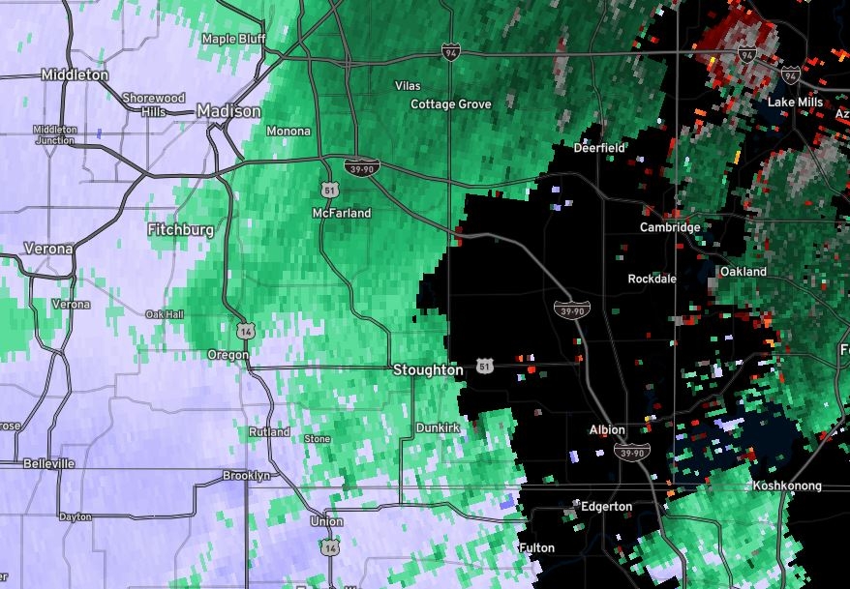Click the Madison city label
click(x=228, y=111)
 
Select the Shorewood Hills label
click(x=154, y=103)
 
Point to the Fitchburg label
click(x=180, y=230)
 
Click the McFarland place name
click(x=342, y=213)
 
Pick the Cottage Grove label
click(x=451, y=103)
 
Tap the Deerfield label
click(x=600, y=148)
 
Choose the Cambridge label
click(x=670, y=227)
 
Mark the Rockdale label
click(x=652, y=279)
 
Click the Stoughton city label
click(x=428, y=369)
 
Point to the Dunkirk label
click(x=437, y=427)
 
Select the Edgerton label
click(x=606, y=506)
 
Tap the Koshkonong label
click(x=787, y=486)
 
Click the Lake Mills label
click(x=795, y=102)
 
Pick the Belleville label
click(x=49, y=463)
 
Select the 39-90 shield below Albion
click(x=631, y=451)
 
